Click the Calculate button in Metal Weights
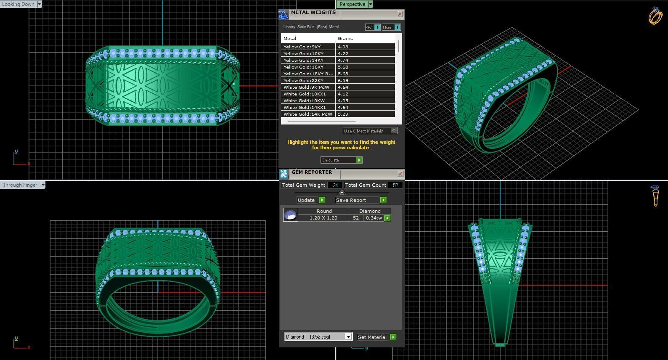tap(341, 160)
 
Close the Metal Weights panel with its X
tap(400, 14)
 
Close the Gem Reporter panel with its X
tap(400, 174)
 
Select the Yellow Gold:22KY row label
tap(303, 80)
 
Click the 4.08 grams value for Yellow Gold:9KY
tap(343, 47)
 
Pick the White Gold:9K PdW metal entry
tap(306, 87)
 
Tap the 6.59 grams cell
tap(343, 80)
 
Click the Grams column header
tap(345, 38)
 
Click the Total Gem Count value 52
tap(395, 185)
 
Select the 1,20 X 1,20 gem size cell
tap(323, 218)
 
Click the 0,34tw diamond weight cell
tap(374, 218)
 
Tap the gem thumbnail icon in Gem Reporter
tap(290, 215)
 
